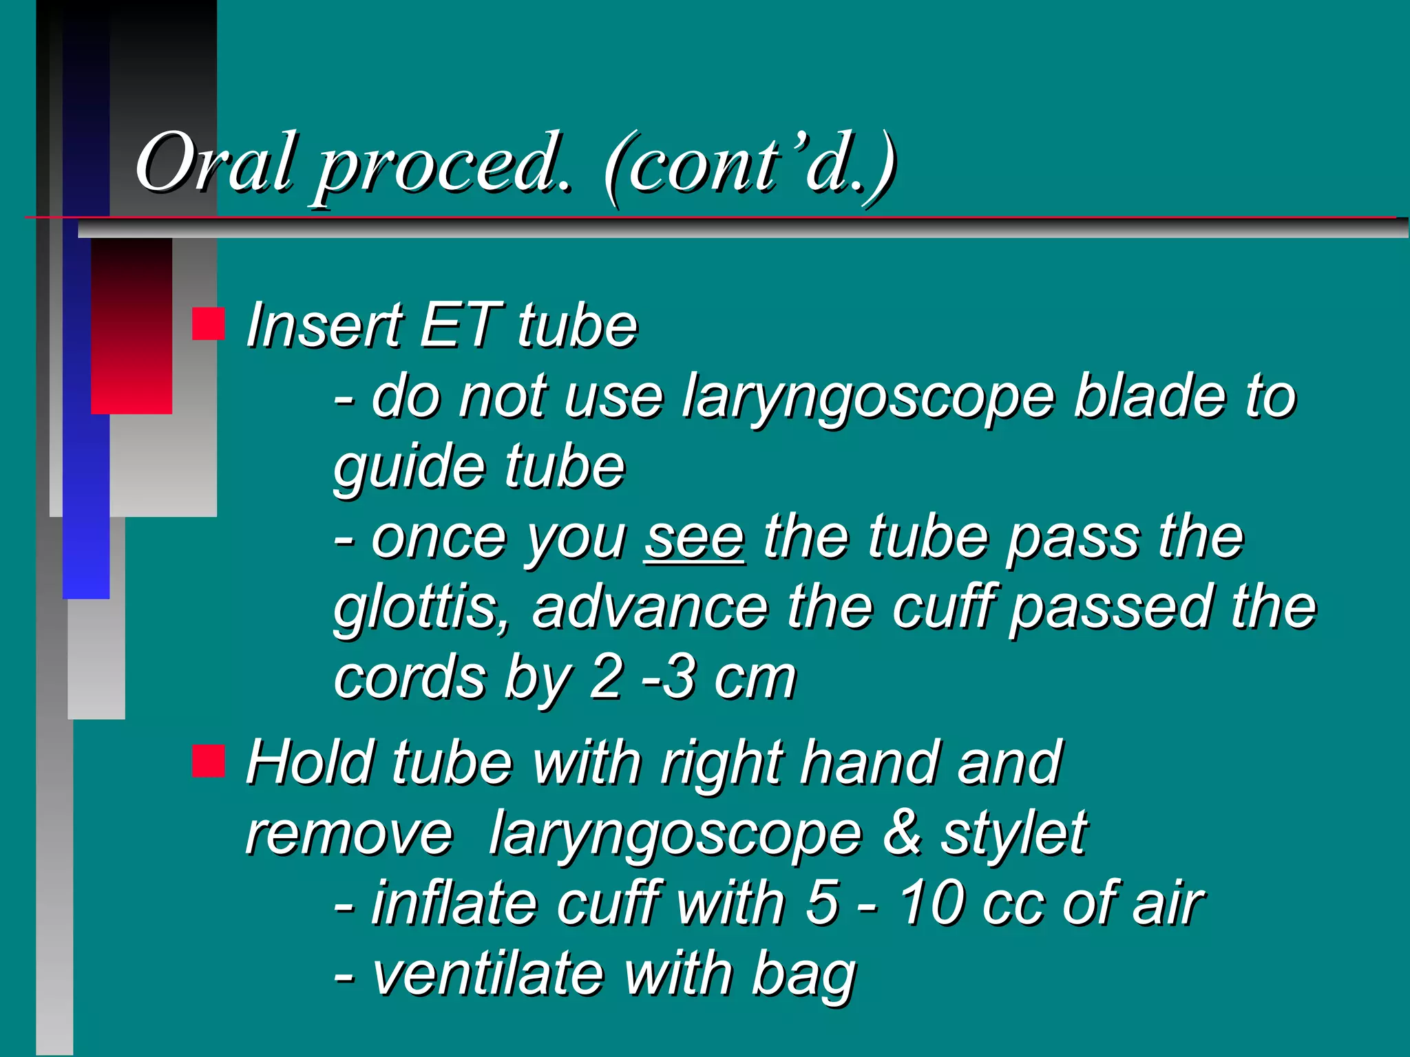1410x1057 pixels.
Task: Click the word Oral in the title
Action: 215,163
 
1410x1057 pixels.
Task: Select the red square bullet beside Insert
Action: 208,323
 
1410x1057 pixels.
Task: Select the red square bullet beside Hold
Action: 208,761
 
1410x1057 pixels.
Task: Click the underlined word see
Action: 694,538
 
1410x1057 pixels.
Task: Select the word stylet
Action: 1013,834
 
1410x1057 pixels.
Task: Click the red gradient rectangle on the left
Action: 131,325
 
